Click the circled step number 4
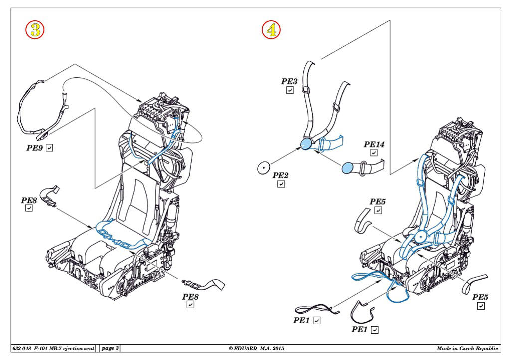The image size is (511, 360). tap(271, 30)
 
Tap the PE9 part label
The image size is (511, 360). tap(35, 148)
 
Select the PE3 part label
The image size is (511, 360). tap(289, 81)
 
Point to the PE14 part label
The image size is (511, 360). tap(374, 144)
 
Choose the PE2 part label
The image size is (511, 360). tap(281, 175)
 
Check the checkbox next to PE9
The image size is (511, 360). tap(49, 148)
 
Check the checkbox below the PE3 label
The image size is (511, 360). tap(290, 90)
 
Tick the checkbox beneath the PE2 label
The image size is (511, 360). tap(281, 184)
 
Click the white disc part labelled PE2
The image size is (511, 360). tap(263, 168)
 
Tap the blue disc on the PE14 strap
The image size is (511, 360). tap(348, 168)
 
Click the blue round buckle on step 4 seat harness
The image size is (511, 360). tap(420, 238)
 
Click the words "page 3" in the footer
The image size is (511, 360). tap(110, 348)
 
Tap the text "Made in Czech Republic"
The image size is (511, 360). tap(467, 348)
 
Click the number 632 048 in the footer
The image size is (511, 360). tap(22, 348)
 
